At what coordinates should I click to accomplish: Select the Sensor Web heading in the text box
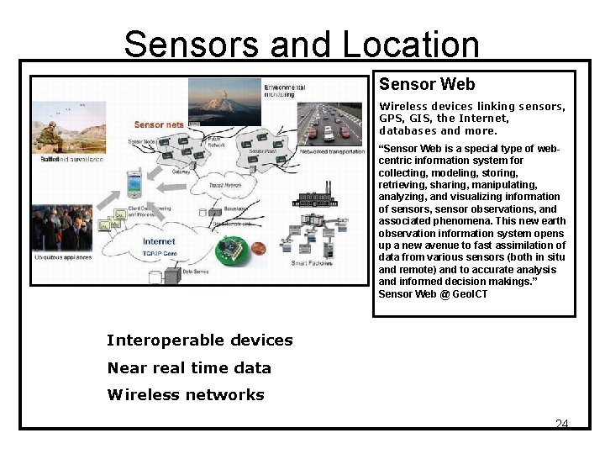[427, 84]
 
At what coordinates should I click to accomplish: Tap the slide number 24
[561, 424]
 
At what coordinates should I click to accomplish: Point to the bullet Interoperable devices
[200, 340]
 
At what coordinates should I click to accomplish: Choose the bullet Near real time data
[189, 367]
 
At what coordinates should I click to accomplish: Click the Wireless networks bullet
[186, 394]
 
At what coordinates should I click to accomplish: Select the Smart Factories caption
[311, 263]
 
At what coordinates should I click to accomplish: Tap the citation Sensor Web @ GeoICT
[433, 294]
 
